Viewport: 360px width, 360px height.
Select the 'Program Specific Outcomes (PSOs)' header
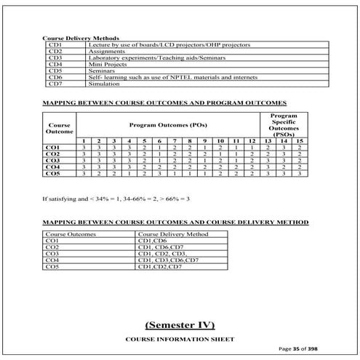point(282,125)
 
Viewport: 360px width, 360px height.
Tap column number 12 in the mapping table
point(251,141)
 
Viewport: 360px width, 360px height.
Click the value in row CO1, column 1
point(84,148)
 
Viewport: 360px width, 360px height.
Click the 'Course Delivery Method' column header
point(173,233)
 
